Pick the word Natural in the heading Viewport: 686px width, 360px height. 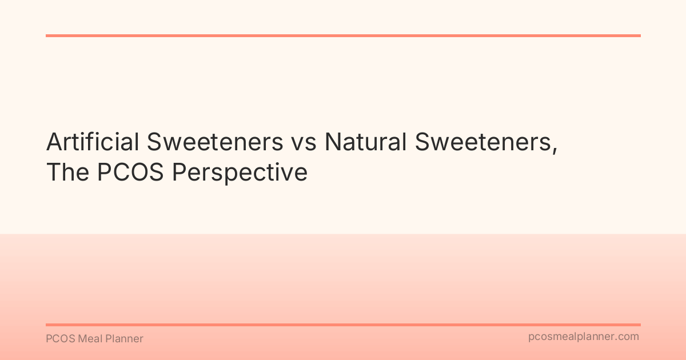tap(365, 142)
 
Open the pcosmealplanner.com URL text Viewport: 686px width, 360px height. tap(584, 337)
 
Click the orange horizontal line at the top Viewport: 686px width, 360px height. tap(343, 35)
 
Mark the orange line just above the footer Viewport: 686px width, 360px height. tap(343, 325)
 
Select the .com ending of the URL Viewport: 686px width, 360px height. tap(628, 337)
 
